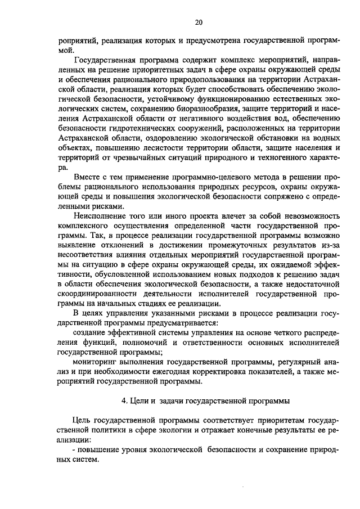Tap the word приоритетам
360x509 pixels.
[265, 421]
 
